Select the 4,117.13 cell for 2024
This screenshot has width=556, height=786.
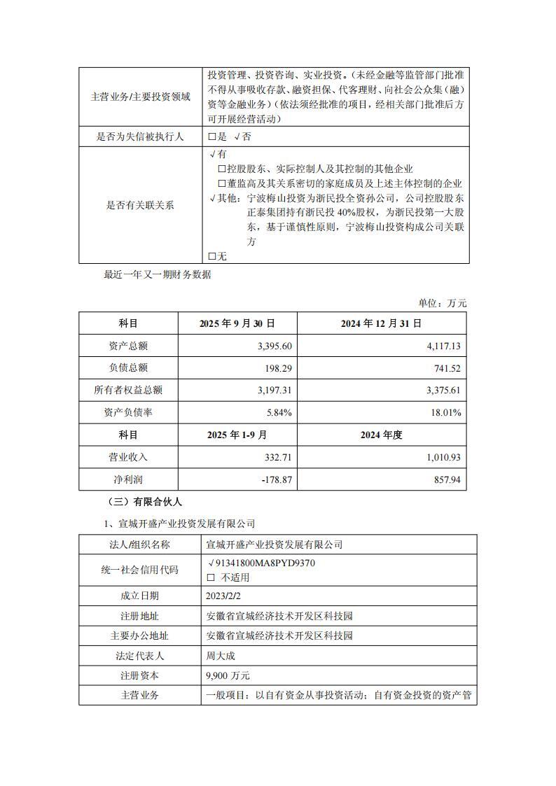443,346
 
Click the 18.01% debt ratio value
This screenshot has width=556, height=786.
447,413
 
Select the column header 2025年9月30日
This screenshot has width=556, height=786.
237,323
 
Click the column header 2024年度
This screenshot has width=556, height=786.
382,435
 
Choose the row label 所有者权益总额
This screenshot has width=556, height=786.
128,391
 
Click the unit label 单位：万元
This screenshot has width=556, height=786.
443,303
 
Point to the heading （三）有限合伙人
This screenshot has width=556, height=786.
143,501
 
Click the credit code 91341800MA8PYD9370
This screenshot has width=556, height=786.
260,563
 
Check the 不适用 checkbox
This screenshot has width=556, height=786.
211,578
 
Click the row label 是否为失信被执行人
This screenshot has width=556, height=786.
140,136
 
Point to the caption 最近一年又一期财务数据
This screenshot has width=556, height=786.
158,274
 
